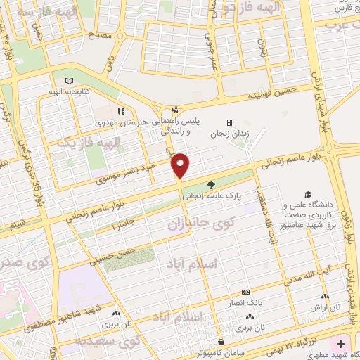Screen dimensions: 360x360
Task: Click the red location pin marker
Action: pos(181,165)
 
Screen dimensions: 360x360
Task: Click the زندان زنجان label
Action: pos(229,132)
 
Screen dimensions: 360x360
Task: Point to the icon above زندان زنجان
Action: pos(229,121)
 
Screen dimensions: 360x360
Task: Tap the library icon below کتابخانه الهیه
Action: pos(68,81)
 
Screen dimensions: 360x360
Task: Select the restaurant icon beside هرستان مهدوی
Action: pos(121,111)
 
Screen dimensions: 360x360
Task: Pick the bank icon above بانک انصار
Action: pos(245,292)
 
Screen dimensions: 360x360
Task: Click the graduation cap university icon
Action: pos(307,195)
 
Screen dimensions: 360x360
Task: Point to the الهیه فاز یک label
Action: pos(77,143)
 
